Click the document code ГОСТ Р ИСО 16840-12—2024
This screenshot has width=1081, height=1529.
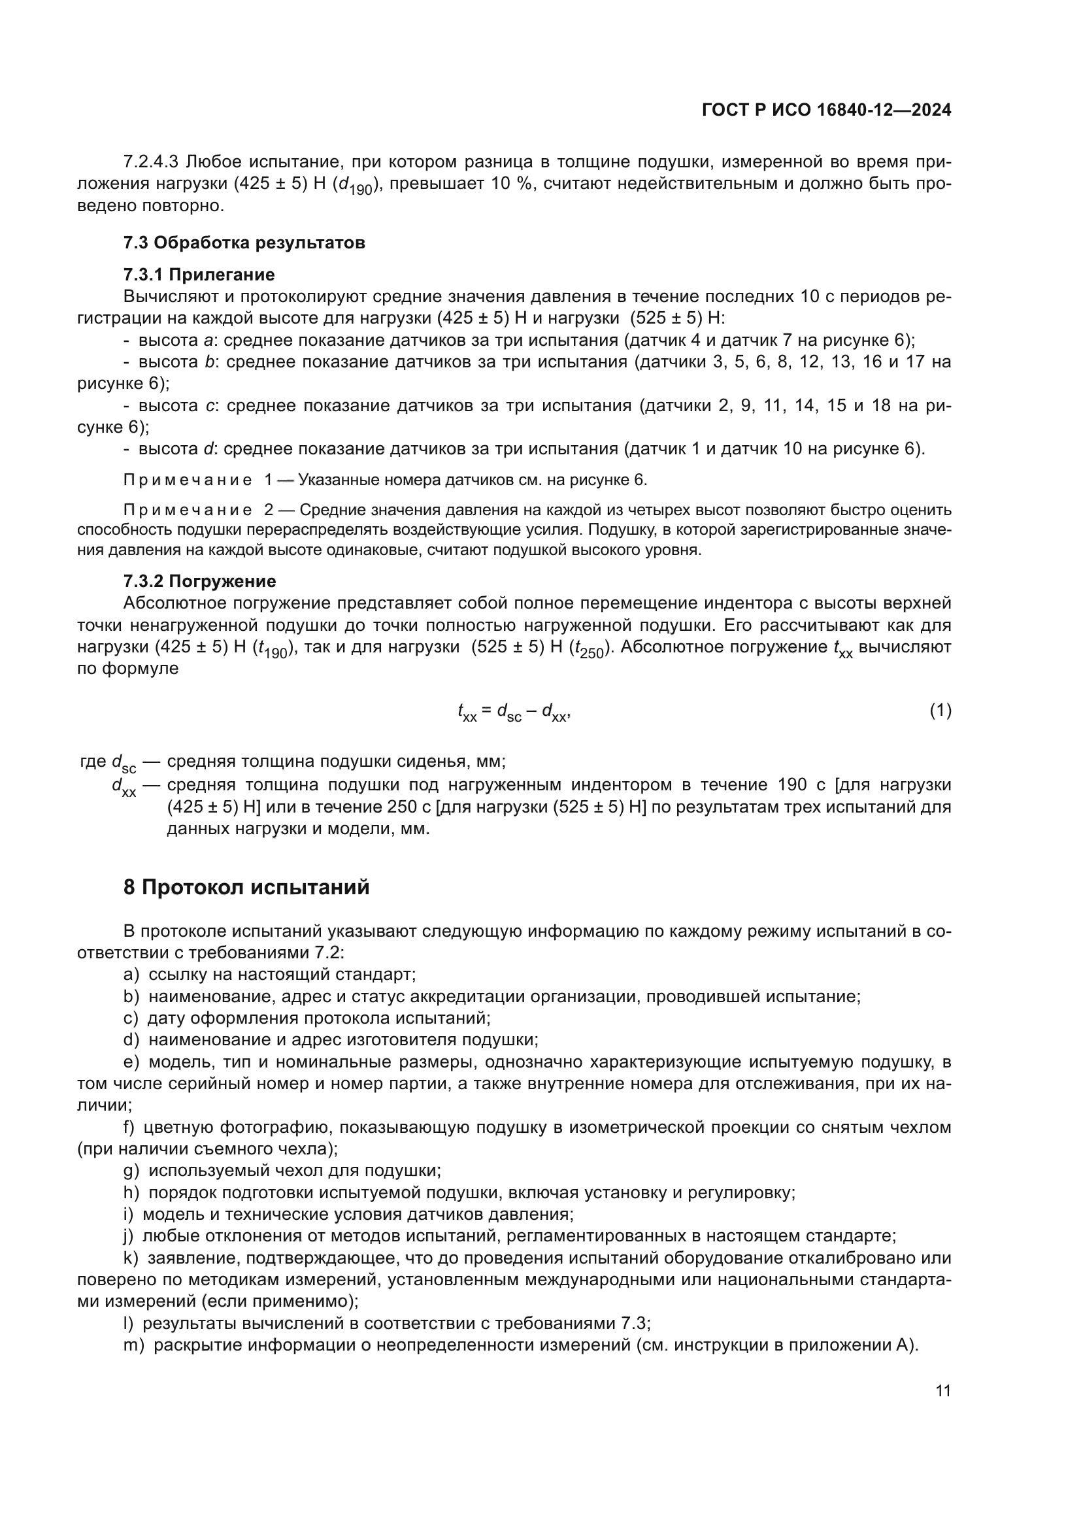[826, 110]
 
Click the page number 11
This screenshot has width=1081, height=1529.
[942, 1390]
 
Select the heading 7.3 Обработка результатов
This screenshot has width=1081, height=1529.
[244, 243]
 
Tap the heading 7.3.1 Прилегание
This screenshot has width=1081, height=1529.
[199, 275]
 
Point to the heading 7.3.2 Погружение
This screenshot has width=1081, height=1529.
[200, 581]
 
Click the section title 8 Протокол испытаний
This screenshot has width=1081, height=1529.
[246, 888]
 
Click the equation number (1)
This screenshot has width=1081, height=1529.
[940, 711]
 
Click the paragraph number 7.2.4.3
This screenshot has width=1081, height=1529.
[151, 162]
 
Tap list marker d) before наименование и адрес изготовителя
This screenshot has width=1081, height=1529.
[131, 1039]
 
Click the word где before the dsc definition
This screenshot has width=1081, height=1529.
[93, 761]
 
